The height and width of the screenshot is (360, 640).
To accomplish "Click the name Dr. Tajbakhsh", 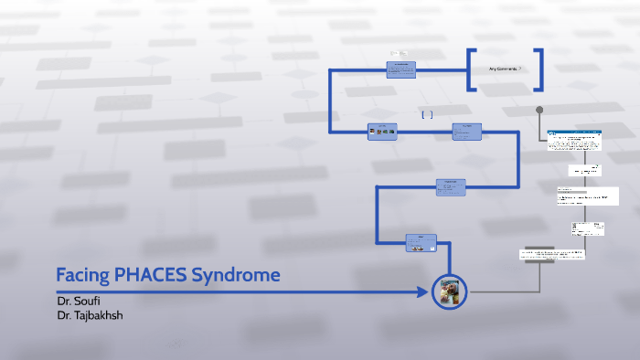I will [90, 314].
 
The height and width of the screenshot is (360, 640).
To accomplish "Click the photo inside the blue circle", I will [449, 292].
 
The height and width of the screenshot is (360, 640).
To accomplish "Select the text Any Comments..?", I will [505, 69].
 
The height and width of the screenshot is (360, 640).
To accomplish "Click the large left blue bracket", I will [471, 69].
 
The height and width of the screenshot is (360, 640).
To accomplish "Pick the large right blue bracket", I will [539, 69].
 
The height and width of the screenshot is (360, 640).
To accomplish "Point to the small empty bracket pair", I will [427, 115].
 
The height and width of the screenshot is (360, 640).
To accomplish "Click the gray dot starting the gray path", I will [539, 111].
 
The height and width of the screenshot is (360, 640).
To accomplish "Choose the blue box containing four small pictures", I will [382, 131].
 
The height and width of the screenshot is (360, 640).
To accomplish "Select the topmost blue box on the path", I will [401, 69].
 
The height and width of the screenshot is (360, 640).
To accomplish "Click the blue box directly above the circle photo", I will [421, 242].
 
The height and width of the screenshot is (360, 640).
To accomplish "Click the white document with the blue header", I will [575, 141].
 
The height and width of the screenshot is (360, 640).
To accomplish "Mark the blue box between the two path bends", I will [450, 186].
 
